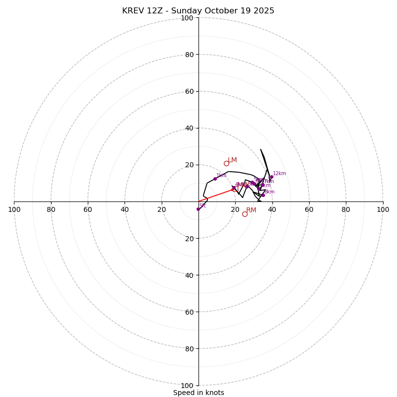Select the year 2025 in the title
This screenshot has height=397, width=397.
pos(264,11)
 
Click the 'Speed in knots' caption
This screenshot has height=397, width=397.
pos(198,393)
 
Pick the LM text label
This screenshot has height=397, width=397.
pos(232,160)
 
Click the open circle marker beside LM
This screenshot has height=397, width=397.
pos(226,163)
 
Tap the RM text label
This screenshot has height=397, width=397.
pos(251,210)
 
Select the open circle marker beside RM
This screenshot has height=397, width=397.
pos(245,214)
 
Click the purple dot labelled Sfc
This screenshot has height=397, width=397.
pos(198,209)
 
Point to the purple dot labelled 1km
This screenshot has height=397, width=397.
pos(215,179)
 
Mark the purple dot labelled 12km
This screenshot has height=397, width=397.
pos(271,177)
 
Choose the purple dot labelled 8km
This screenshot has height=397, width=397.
pos(263,195)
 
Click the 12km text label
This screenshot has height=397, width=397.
pos(279,174)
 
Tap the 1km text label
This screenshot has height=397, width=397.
pos(221,175)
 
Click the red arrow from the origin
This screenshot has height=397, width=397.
pos(216,196)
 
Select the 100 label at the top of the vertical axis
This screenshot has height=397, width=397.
pos(187,18)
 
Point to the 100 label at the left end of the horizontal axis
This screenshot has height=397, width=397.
pos(14,209)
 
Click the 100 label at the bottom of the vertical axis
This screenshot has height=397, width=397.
pos(187,385)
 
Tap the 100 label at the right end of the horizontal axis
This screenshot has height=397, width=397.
pos(383,209)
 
